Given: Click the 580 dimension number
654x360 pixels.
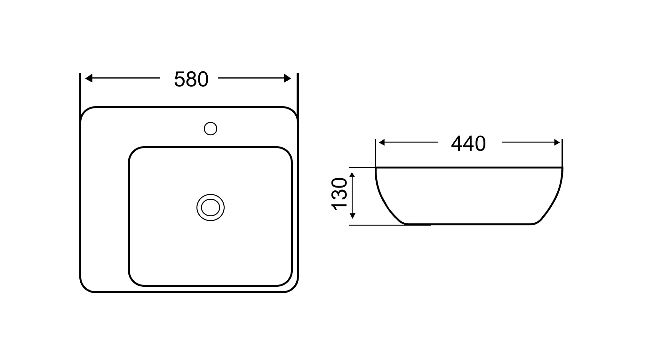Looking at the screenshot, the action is pyautogui.click(x=191, y=79).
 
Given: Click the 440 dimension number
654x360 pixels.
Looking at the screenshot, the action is pyautogui.click(x=468, y=144).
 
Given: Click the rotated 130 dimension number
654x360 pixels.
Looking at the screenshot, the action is pyautogui.click(x=339, y=194).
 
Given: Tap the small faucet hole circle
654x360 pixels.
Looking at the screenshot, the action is pyautogui.click(x=211, y=129).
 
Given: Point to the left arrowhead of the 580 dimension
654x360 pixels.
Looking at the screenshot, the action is pyautogui.click(x=89, y=78).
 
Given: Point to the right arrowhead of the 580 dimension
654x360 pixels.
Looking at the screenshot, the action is pyautogui.click(x=288, y=78).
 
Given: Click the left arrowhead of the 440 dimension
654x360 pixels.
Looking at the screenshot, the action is pyautogui.click(x=381, y=142).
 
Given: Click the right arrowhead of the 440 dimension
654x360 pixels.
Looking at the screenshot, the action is pyautogui.click(x=557, y=142).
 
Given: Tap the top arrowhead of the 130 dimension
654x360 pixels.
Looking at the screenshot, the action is pyautogui.click(x=353, y=175).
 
